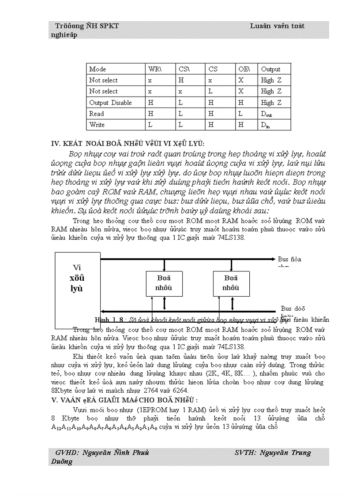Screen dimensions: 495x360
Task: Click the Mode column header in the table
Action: (x=97, y=69)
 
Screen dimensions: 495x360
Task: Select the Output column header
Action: (x=270, y=69)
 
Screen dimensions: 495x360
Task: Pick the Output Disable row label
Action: (x=110, y=103)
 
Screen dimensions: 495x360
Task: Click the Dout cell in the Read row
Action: (x=266, y=114)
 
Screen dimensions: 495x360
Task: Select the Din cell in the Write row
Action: (x=265, y=125)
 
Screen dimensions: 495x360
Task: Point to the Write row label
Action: (x=97, y=125)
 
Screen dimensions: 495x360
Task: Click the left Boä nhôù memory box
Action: (x=164, y=283)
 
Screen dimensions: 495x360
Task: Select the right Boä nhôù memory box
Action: (x=231, y=283)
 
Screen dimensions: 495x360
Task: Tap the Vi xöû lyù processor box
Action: (x=77, y=278)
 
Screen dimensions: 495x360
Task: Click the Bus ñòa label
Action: (x=289, y=259)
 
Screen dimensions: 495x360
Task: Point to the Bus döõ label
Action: (x=293, y=309)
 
